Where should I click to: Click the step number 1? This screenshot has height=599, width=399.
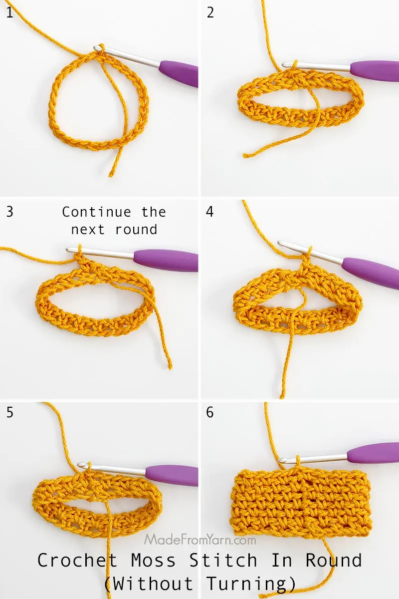coord(9,12)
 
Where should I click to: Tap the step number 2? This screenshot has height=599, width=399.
coord(210,12)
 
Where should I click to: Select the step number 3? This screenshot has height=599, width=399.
coord(10,211)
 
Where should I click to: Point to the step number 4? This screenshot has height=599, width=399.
coord(210,211)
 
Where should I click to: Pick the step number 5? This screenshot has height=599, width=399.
coord(10,413)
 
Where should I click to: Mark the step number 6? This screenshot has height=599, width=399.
coord(210,413)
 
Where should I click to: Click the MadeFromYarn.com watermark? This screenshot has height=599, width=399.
coord(200,540)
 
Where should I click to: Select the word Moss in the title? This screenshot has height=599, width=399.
coord(154,561)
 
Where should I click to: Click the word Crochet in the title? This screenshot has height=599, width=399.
coord(77,561)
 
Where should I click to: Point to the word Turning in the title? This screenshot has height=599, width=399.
coord(249,583)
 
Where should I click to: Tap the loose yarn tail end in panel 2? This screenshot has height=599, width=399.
coord(245,155)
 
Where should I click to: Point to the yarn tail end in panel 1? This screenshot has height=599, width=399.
coord(111,175)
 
